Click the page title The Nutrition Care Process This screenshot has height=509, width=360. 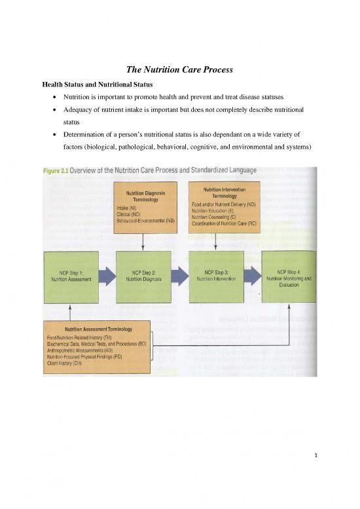180,69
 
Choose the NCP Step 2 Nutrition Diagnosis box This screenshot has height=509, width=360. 143,274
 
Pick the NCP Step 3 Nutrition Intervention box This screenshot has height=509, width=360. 215,274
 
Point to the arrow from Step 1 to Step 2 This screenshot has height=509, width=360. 107,274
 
